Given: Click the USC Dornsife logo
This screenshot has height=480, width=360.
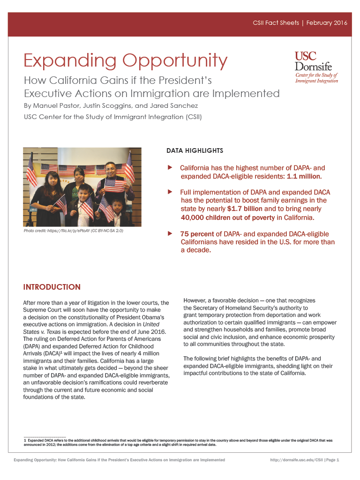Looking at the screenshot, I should coord(316,67).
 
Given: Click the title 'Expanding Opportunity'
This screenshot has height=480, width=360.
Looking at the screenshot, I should coord(126,60).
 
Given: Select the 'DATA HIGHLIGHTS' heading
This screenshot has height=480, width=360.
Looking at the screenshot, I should coord(195,151).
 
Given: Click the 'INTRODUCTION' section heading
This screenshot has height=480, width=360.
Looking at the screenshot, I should coord(52,287).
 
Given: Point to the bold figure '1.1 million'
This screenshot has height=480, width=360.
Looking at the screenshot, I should coord(304,176).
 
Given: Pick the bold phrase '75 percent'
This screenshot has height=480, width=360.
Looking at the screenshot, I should coord(197,234).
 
